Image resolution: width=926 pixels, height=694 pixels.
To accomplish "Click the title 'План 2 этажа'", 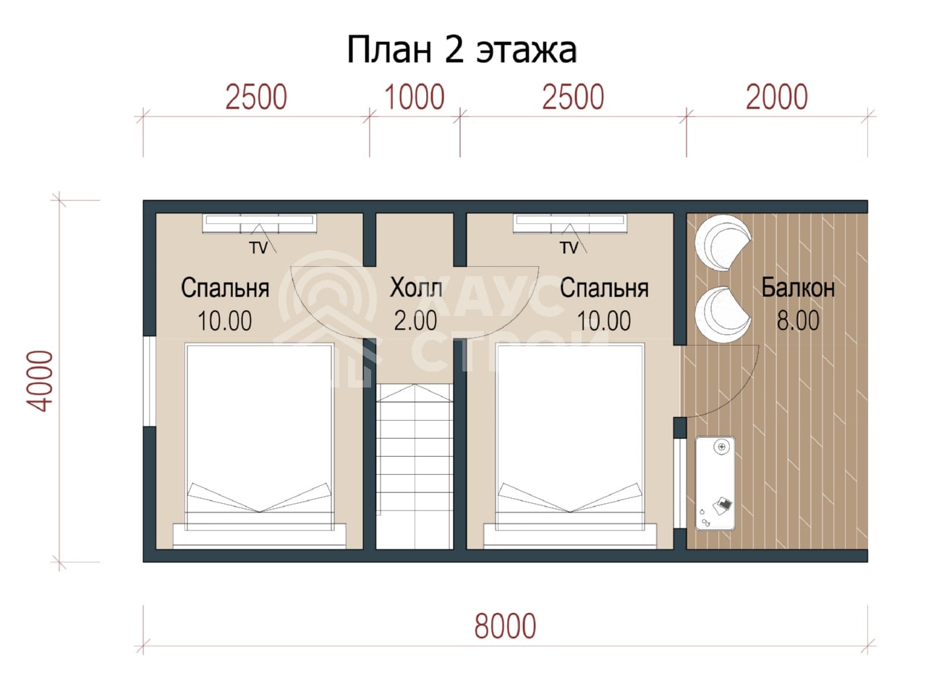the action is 462,50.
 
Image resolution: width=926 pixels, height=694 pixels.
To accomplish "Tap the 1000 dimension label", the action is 415,98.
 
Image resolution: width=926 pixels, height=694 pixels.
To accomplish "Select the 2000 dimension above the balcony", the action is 776,98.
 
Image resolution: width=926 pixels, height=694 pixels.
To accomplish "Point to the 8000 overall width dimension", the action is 505,626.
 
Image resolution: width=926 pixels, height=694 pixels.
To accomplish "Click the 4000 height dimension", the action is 40,381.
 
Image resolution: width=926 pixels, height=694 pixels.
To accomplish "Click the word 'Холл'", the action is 416,288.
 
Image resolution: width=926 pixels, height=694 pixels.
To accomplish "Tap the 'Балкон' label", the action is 798,288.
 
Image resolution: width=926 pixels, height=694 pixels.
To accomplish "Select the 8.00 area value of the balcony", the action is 798,320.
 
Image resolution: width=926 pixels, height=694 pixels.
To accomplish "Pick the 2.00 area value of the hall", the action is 415,320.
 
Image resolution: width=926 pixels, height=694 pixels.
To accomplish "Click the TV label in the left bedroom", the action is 258,248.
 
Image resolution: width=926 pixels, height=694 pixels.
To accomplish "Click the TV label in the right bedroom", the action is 569,248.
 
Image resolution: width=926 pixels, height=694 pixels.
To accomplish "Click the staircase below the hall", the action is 415,466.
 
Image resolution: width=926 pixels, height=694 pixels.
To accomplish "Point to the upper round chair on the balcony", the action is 723,243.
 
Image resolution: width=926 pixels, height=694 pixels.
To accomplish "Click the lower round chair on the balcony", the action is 723,314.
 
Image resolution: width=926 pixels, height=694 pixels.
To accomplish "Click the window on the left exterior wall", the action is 149,382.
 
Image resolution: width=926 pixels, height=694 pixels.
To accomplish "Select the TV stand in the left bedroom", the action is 260,223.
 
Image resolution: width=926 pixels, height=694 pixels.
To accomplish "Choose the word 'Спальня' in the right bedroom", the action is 604,288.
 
